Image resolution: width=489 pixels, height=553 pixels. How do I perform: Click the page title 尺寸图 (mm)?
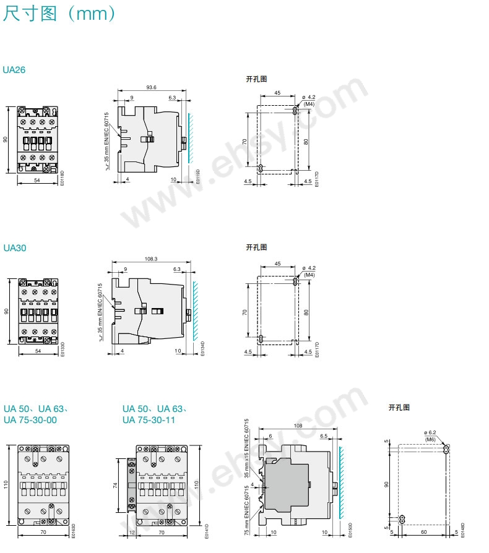tap(59, 14)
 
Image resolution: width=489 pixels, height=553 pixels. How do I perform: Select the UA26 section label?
tap(14, 70)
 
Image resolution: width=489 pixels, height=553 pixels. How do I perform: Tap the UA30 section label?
tap(14, 248)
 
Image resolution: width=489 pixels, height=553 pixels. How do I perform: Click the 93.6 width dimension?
tap(151, 88)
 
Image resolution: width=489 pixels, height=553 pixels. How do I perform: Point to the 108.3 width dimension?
tap(151, 259)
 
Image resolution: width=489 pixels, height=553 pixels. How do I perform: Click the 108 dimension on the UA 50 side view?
tap(298, 426)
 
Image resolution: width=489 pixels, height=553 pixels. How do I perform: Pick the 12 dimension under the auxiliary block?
tap(132, 532)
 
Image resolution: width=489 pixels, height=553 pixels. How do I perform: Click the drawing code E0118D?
tap(62, 178)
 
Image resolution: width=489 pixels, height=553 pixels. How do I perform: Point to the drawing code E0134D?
tap(202, 347)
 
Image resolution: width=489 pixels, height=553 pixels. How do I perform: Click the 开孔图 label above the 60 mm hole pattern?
tap(399, 408)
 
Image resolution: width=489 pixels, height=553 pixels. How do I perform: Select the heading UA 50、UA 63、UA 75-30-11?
tap(155, 414)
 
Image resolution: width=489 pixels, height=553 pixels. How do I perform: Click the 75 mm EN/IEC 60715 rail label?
tap(246, 507)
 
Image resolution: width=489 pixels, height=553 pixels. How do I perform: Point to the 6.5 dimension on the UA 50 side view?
tap(324, 436)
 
